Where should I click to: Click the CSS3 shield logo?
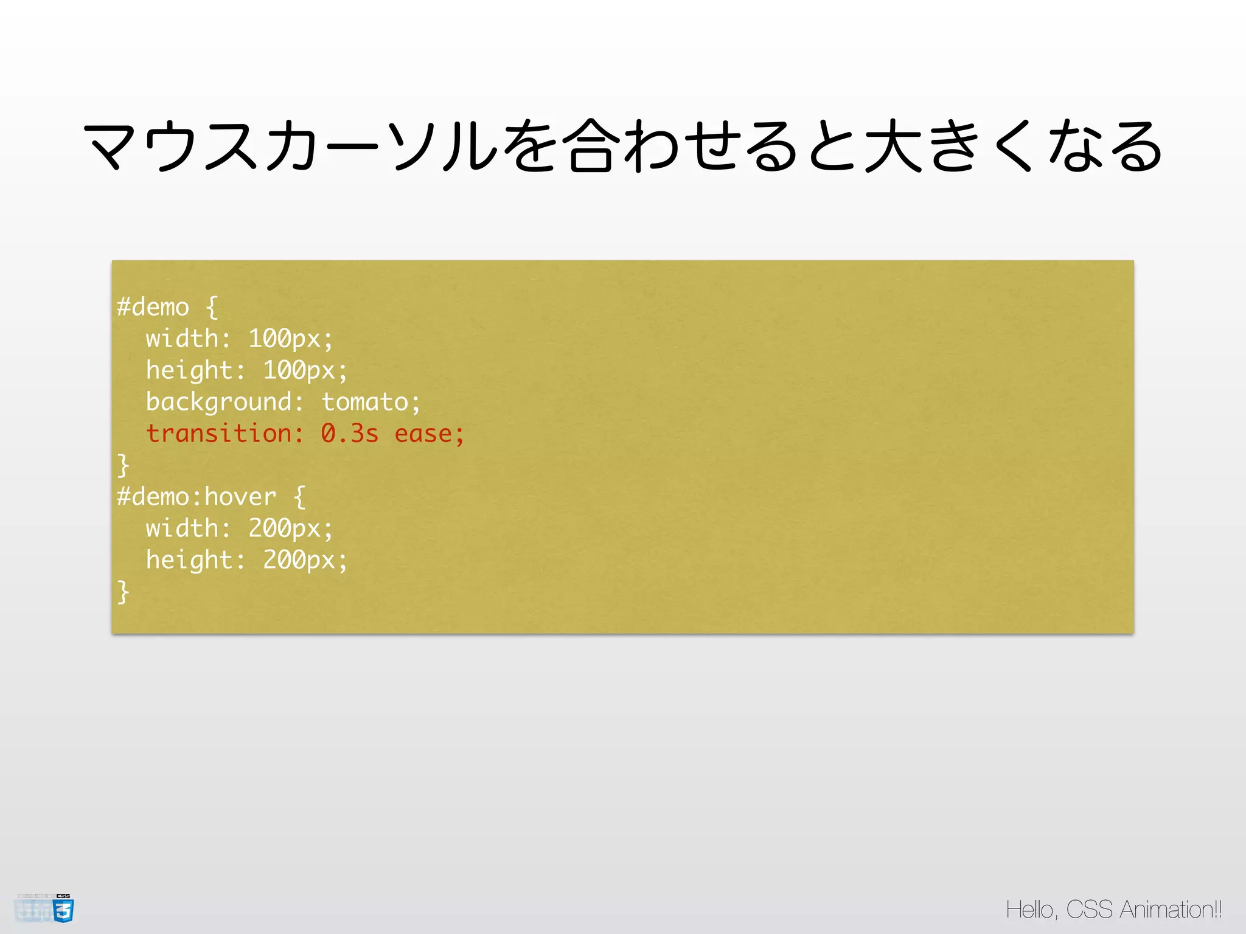click(63, 909)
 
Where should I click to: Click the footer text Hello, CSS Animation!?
click(1113, 910)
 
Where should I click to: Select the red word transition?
click(224, 434)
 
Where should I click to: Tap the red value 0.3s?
click(349, 434)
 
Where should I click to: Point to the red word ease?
click(429, 434)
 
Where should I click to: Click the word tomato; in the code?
click(371, 402)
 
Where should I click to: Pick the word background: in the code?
click(224, 402)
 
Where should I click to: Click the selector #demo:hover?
click(197, 497)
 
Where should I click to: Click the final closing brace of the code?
click(123, 592)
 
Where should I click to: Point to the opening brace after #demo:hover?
click(299, 497)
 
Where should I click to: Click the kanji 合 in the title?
click(589, 146)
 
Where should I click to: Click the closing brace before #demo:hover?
click(123, 465)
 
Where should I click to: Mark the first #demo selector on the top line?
click(153, 307)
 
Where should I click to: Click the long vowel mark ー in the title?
click(351, 147)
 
